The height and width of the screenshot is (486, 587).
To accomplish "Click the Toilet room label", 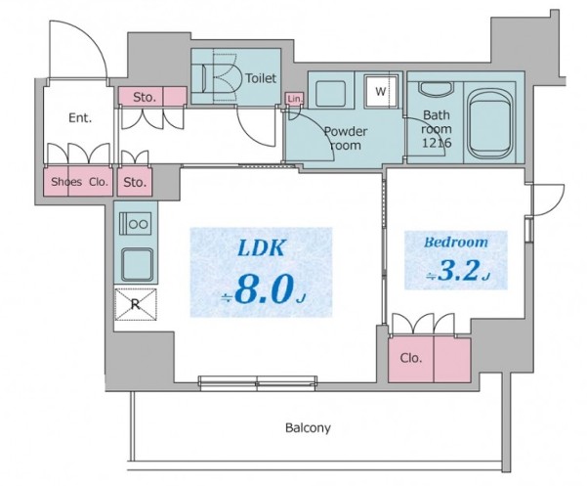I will pyautogui.click(x=261, y=78).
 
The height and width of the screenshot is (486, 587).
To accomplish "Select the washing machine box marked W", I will pyautogui.click(x=380, y=93).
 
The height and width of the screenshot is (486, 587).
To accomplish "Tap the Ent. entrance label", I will pyautogui.click(x=80, y=118).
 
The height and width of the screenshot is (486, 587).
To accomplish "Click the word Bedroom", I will pyautogui.click(x=456, y=242).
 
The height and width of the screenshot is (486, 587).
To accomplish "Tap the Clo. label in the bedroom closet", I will pyautogui.click(x=411, y=358).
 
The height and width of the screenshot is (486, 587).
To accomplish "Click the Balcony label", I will pyautogui.click(x=309, y=427).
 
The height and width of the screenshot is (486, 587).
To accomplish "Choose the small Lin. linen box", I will pyautogui.click(x=293, y=98).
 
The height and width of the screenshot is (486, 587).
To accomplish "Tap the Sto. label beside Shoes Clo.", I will pyautogui.click(x=134, y=182).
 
